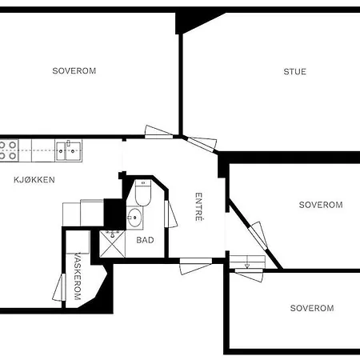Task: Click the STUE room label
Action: coord(294,71)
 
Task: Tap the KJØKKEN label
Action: coord(34,180)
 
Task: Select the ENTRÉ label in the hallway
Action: coord(199,207)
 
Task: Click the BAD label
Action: coord(145,239)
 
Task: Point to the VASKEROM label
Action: coord(78,277)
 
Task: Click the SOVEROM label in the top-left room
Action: coord(74,70)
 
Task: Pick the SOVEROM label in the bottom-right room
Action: coord(312,308)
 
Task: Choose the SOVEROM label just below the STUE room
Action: coord(321,205)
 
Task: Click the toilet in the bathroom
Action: coord(143,194)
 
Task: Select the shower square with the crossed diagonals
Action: coord(110,243)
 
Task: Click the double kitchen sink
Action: coord(68,146)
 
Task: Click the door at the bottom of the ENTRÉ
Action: coord(195,266)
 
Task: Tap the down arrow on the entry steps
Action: coord(246,264)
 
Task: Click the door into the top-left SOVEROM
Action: coord(159,132)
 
